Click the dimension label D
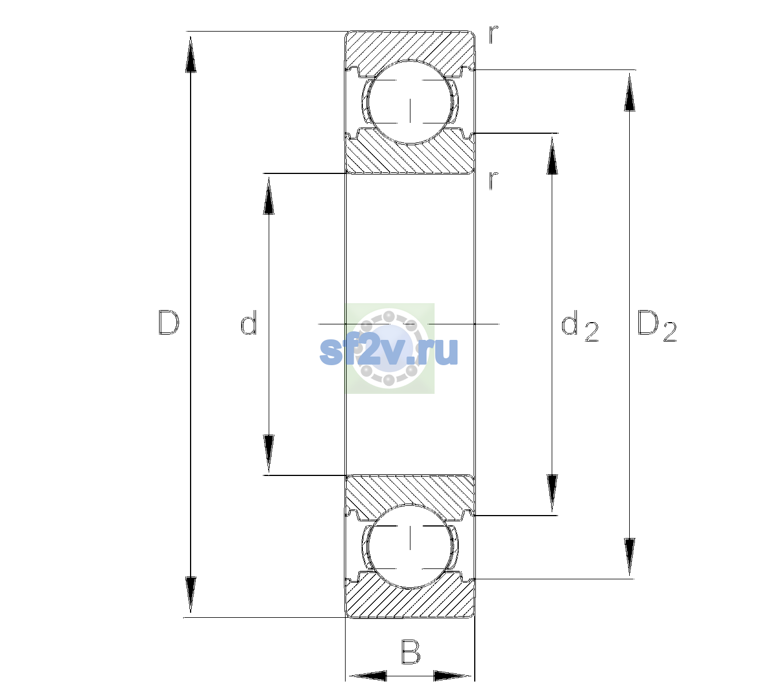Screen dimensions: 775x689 169,323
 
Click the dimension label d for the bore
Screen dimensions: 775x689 249,322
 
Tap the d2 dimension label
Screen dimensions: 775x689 580,326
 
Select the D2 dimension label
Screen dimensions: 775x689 657,326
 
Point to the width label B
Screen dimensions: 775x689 410,651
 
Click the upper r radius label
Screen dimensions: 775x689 494,34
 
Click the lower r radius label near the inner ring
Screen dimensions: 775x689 494,180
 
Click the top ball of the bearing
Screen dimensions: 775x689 410,102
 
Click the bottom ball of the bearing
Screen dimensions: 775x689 410,545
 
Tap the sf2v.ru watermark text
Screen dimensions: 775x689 389,351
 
